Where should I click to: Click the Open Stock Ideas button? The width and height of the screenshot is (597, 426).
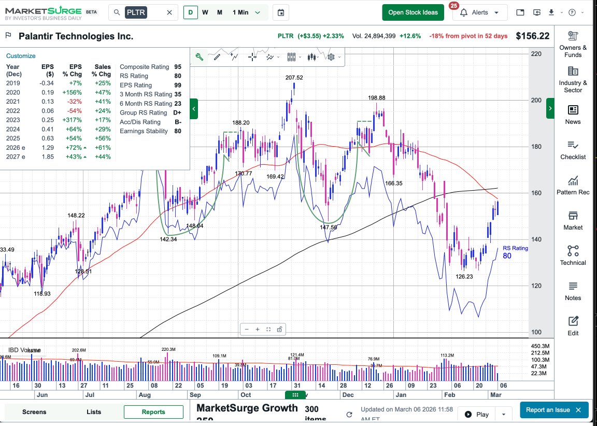click(x=413, y=12)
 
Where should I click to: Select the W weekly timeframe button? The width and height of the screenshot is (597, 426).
click(x=205, y=12)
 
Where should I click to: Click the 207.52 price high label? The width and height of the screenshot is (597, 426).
click(x=294, y=78)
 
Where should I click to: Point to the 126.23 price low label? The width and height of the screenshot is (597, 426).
click(x=464, y=277)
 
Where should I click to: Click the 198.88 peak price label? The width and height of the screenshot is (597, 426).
click(x=377, y=97)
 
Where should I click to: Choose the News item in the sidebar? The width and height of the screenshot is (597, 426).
click(x=573, y=115)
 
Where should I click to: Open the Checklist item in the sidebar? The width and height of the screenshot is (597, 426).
click(x=573, y=150)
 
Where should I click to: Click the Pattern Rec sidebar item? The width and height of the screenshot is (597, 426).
click(x=573, y=185)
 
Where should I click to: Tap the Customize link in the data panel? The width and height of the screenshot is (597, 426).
click(x=21, y=56)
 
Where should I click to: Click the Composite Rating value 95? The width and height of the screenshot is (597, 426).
click(x=178, y=67)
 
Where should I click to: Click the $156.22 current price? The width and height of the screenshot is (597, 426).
click(x=532, y=36)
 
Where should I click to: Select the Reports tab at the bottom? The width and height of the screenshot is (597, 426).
click(x=153, y=412)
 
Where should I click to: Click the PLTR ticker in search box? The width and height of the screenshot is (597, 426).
click(x=136, y=12)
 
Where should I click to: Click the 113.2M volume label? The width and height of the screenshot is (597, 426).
click(x=447, y=356)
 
